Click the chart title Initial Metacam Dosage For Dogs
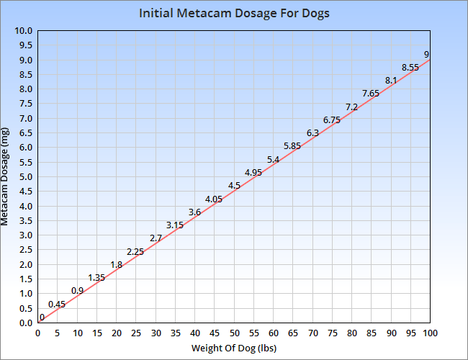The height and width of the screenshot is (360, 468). [234, 14]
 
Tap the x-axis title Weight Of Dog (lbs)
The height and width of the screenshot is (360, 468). [234, 348]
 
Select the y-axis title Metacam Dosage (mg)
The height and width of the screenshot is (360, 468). [6, 176]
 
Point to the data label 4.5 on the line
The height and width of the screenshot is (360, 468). [234, 186]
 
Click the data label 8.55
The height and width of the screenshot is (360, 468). [410, 68]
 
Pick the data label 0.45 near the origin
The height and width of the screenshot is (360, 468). [57, 305]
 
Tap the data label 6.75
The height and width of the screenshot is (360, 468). [332, 120]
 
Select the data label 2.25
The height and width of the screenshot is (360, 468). [135, 252]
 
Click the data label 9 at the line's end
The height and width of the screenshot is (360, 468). [427, 55]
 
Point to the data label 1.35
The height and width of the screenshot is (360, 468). [96, 278]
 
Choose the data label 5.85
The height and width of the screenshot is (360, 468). [292, 146]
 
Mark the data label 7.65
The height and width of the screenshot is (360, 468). [371, 94]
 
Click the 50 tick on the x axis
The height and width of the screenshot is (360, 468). [234, 333]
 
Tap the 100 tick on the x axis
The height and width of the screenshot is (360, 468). [430, 333]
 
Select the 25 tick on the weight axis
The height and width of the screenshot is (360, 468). [135, 333]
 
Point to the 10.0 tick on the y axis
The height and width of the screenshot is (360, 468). [24, 31]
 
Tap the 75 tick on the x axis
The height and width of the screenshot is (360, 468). [332, 333]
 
